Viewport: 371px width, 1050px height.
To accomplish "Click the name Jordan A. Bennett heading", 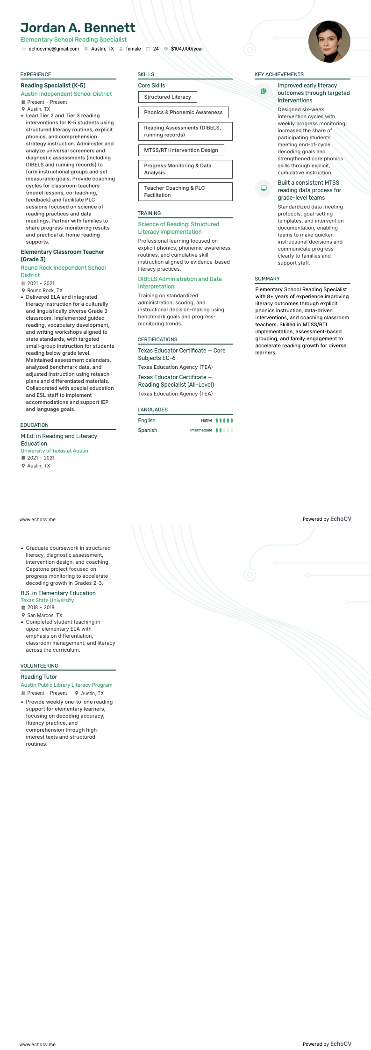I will pos(78,28).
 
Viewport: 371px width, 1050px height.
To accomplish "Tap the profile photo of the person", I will pos(329,42).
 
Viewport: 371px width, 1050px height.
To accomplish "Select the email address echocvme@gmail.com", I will pos(53,49).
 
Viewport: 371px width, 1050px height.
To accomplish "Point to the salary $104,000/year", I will pos(187,49).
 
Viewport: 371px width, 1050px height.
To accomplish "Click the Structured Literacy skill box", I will pos(167,97).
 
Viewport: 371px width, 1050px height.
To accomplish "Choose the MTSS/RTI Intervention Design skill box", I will pos(181,150).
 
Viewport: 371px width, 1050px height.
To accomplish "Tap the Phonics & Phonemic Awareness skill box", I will pos(183,112).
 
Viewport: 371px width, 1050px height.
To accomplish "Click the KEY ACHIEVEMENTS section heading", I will pos(279,74).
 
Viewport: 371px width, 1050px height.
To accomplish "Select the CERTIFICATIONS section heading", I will pos(157,339).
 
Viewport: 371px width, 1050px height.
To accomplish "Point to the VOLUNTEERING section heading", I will pos(39,666).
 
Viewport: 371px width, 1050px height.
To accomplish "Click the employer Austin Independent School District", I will pos(66,94).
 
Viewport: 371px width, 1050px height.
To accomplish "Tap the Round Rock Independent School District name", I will pos(63,272).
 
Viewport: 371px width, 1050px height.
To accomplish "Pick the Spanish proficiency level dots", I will pos(224,430).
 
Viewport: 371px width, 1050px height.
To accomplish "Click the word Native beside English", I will pos(207,420).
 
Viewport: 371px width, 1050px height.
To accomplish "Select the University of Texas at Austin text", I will pos(54,451).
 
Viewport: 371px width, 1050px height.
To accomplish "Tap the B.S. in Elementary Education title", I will pos(58,593).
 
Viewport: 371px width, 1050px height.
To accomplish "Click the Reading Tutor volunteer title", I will pos(39,677).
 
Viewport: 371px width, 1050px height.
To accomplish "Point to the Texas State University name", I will pos(47,600).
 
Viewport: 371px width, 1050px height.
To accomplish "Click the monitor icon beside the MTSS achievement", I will pos(264,188).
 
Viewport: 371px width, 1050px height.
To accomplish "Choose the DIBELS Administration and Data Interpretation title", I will pos(180,283).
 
